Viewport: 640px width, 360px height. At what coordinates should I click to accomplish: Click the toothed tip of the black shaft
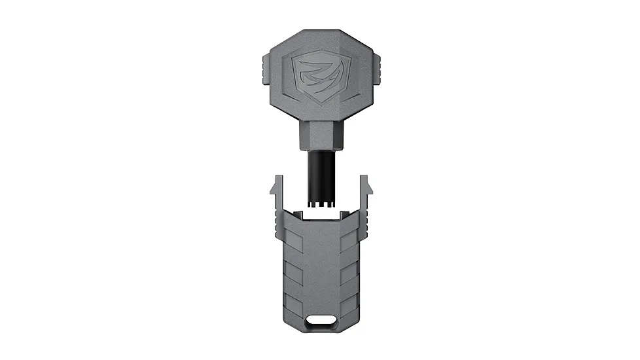coord(321,206)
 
